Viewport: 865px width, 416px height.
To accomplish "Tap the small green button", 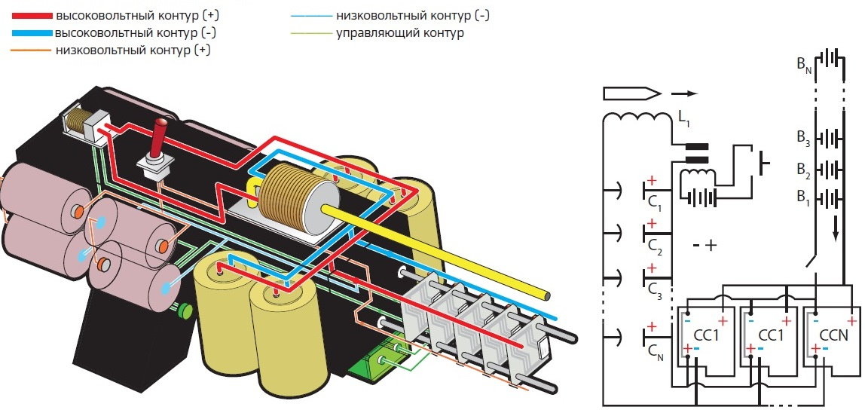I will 183,309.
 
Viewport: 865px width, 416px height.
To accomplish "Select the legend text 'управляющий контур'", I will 399,33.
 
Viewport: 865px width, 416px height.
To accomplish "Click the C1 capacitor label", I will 654,203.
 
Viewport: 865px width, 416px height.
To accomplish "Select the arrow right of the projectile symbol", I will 684,94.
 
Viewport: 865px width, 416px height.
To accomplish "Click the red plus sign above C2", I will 651,225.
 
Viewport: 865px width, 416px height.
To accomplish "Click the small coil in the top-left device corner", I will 75,121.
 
